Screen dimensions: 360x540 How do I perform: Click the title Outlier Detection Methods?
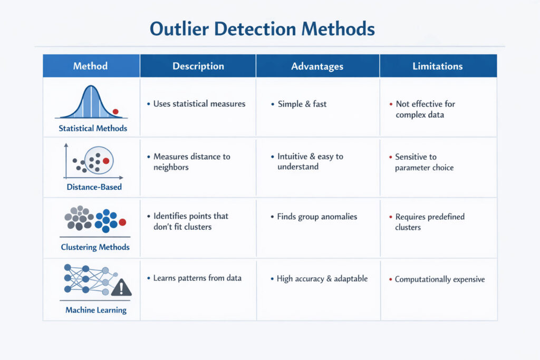click(x=262, y=28)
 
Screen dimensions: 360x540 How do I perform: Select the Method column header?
click(x=90, y=66)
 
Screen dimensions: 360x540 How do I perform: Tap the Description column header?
click(x=198, y=66)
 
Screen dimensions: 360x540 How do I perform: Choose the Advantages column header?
click(x=317, y=66)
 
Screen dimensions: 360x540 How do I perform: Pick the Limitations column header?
click(x=438, y=66)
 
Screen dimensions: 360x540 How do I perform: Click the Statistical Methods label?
click(x=93, y=128)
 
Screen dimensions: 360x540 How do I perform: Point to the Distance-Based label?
click(x=94, y=187)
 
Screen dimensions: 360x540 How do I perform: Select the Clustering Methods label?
click(x=95, y=247)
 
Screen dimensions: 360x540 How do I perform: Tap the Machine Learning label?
click(x=96, y=310)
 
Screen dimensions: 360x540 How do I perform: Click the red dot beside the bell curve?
click(x=115, y=112)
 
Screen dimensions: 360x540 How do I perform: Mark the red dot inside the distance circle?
click(x=106, y=161)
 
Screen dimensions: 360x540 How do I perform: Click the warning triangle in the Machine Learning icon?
click(x=122, y=287)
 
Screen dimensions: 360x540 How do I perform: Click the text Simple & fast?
click(x=302, y=104)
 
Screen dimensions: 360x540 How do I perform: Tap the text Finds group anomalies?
click(x=317, y=217)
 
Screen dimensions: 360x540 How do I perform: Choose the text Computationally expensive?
click(x=440, y=279)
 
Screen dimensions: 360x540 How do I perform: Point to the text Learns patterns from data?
click(x=197, y=278)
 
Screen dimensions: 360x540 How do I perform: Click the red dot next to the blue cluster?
click(x=122, y=222)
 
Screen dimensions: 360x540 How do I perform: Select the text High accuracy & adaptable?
click(x=322, y=278)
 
